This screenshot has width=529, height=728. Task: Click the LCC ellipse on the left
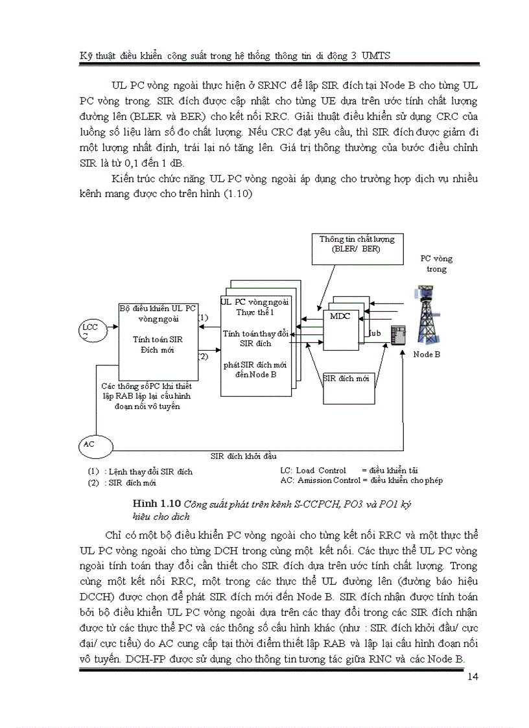point(89,331)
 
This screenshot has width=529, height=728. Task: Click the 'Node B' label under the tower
point(427,355)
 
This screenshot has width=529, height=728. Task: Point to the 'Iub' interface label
point(374,333)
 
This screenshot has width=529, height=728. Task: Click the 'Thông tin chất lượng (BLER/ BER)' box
point(356,248)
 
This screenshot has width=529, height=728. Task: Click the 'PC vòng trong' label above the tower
point(436,263)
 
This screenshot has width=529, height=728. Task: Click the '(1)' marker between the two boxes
point(203,318)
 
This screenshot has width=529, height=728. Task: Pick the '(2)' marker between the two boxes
point(203,356)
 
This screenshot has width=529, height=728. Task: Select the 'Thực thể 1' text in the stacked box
point(255,312)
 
